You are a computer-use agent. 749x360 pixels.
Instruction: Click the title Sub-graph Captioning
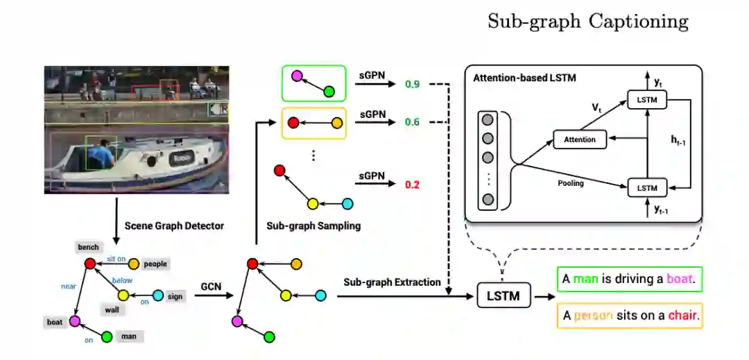(x=588, y=22)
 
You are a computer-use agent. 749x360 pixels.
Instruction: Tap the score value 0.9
(x=412, y=85)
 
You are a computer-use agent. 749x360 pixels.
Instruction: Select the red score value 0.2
(x=412, y=185)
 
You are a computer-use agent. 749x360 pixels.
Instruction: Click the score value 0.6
(x=412, y=122)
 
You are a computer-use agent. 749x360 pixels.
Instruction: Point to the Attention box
(x=580, y=139)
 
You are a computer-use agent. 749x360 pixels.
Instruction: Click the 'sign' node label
(x=175, y=296)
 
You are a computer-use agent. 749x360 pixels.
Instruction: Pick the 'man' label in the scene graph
(x=129, y=336)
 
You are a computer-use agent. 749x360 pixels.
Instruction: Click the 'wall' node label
(x=112, y=310)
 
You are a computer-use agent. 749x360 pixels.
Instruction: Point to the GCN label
(x=211, y=284)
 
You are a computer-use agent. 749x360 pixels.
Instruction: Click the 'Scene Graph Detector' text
(x=174, y=226)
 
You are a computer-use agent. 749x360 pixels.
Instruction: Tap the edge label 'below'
(x=123, y=280)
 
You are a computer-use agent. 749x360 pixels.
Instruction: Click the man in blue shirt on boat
(x=103, y=154)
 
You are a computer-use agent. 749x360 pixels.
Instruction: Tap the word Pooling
(x=570, y=183)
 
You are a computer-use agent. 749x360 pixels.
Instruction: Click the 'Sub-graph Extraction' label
(x=392, y=282)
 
